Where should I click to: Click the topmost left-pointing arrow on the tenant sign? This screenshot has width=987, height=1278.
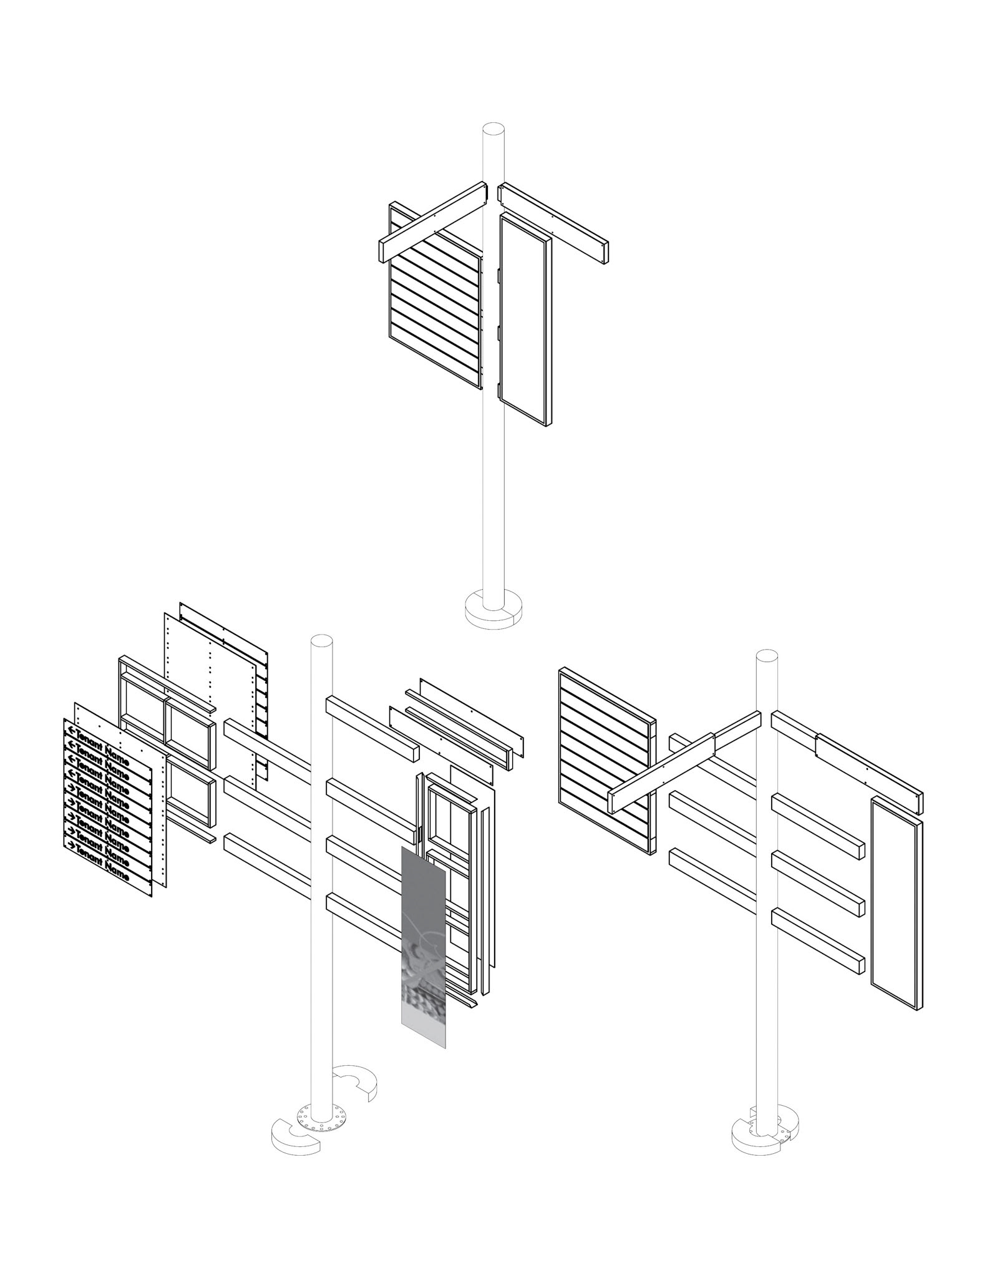[72, 731]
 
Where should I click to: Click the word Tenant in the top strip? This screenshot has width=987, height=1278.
[89, 738]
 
